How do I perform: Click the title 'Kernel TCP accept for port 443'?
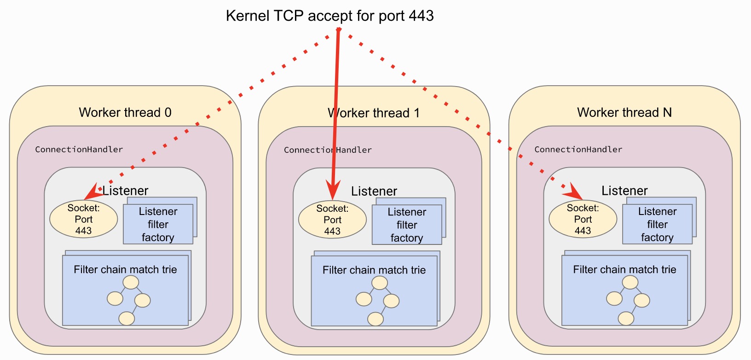point(329,16)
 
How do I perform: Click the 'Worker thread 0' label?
point(125,112)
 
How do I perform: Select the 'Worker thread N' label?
point(624,112)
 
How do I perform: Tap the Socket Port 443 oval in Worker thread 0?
point(83,219)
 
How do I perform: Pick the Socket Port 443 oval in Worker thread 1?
point(332,220)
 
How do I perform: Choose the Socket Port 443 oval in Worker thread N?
point(583,219)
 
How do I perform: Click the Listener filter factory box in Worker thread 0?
point(158,224)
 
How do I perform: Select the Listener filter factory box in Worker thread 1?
point(407,225)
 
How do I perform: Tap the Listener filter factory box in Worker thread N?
point(657,224)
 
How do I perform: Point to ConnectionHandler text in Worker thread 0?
point(79,150)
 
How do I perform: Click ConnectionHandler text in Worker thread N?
point(578,150)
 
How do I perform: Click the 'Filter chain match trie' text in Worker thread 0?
point(125,270)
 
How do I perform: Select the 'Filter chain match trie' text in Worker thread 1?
point(374,270)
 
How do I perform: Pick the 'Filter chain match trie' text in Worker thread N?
point(624,270)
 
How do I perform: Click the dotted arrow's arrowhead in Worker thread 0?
point(93,192)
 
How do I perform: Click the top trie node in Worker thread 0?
point(131,282)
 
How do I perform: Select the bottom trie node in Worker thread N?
point(626,318)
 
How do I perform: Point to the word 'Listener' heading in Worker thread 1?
point(374,191)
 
